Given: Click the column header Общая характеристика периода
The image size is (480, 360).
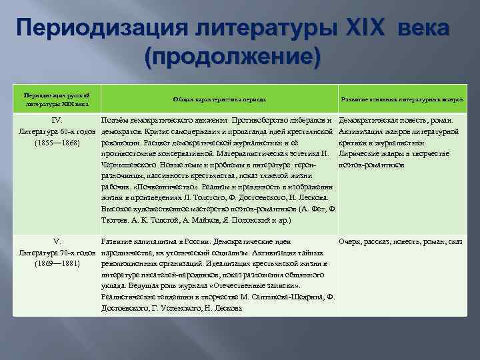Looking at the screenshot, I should [x=219, y=99].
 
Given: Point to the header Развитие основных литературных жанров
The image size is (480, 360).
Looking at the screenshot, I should [x=402, y=99].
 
